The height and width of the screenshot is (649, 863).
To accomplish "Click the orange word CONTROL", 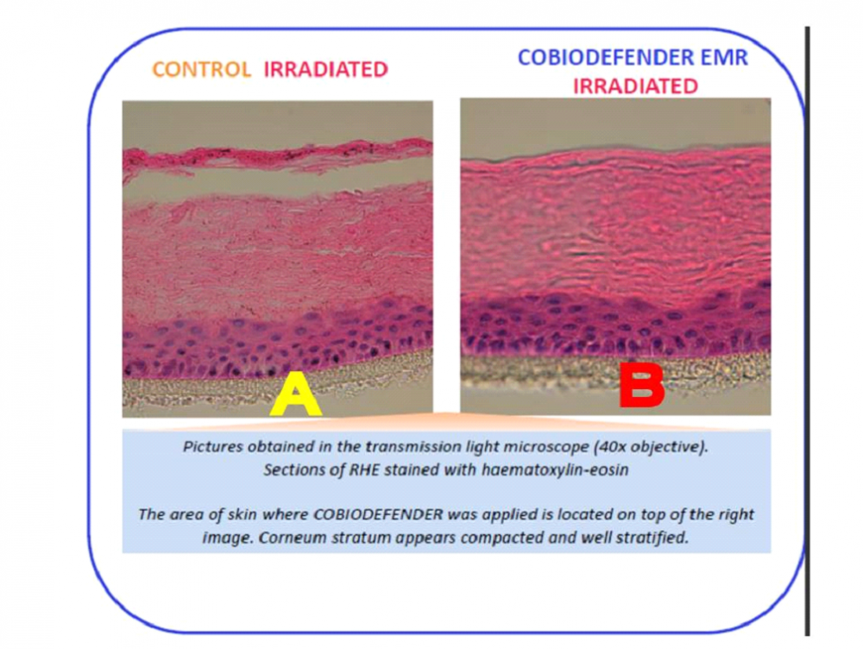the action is pos(201,69).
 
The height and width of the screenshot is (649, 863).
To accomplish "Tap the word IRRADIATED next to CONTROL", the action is pos(326,69).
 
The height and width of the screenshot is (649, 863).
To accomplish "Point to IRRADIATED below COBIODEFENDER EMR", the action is pos(635,86).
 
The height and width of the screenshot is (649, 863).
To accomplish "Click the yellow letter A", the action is pos(295,394).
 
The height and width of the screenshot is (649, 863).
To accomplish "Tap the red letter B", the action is pos(642,385).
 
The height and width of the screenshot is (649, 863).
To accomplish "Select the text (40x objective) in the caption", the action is pos(651,447).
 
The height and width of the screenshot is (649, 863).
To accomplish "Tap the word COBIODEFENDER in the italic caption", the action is pos(378,514).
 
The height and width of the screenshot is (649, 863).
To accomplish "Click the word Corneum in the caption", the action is pos(285,538).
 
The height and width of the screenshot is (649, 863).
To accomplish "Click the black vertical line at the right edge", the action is pos(807,331).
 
